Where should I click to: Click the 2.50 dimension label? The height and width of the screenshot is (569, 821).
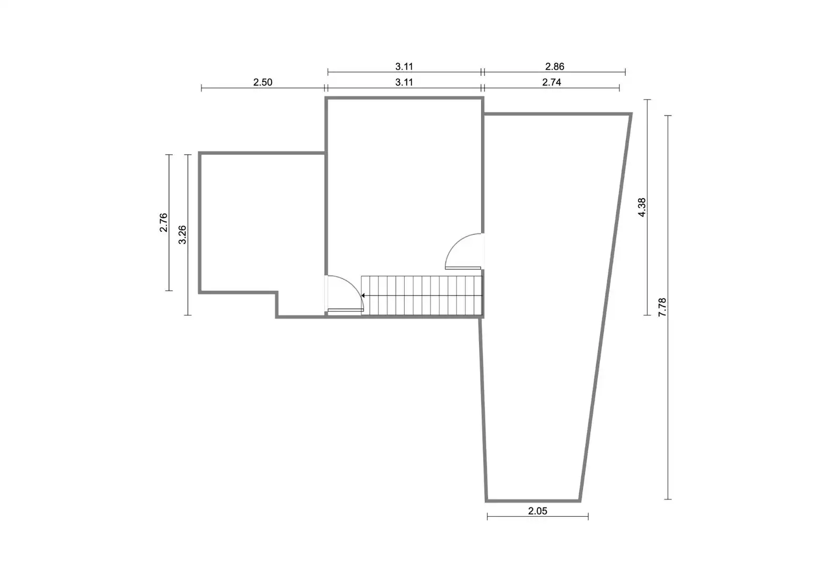tap(263, 82)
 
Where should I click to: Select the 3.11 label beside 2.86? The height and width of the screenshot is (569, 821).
tap(404, 66)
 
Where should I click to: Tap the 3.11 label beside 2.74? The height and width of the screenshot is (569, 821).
tap(404, 82)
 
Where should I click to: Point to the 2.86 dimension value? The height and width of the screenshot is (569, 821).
tap(555, 66)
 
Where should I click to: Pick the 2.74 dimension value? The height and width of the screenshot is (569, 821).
tap(552, 82)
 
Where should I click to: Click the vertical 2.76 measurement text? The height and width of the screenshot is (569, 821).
tap(164, 222)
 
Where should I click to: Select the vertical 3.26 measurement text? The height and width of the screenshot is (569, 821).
tap(182, 234)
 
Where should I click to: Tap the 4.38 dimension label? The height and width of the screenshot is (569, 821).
tap(642, 207)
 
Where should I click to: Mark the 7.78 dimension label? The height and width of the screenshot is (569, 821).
tap(662, 307)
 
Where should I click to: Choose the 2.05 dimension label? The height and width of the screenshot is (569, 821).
tap(537, 511)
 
